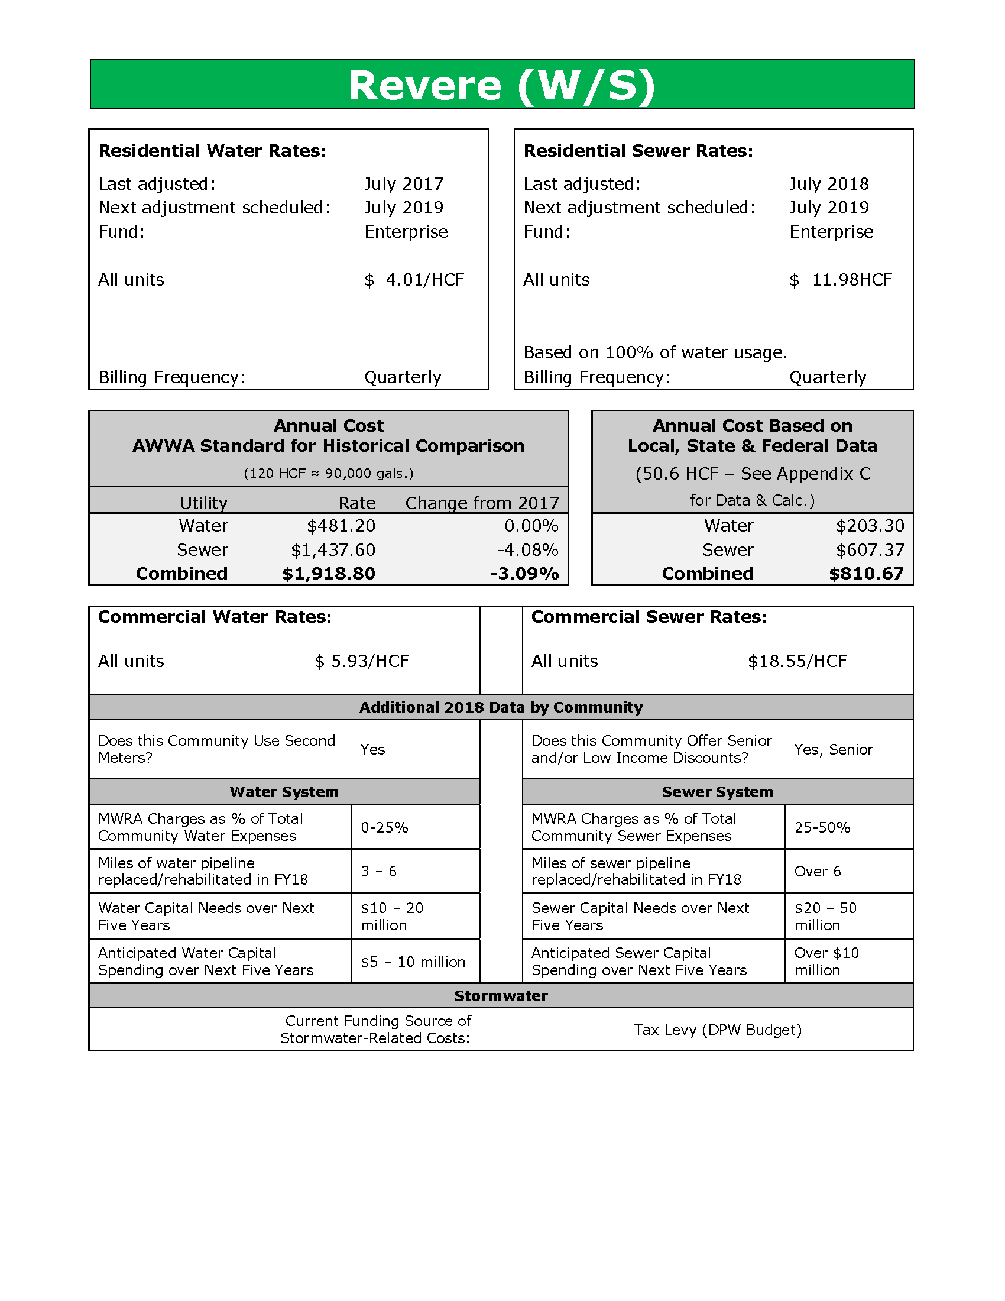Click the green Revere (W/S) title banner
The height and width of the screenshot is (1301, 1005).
[502, 85]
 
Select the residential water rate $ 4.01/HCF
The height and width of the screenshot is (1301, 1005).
[414, 280]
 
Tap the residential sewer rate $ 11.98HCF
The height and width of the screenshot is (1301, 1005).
[840, 280]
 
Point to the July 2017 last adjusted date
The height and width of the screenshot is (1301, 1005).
[404, 184]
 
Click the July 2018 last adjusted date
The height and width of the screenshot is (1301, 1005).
[829, 184]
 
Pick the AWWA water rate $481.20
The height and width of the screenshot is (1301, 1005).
[341, 526]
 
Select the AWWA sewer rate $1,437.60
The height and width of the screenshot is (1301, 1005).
[333, 550]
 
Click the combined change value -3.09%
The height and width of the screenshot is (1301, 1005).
[524, 574]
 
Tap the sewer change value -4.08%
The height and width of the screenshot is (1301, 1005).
[528, 550]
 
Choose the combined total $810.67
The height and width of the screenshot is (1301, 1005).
[866, 574]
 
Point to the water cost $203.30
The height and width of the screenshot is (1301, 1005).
[870, 526]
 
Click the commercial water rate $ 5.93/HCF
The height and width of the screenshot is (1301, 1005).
[361, 661]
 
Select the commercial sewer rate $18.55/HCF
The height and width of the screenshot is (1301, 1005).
[797, 661]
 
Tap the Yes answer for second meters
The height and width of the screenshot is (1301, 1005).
[372, 749]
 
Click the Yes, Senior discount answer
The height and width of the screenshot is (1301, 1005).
[834, 749]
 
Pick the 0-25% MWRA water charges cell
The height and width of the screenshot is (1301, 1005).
[385, 827]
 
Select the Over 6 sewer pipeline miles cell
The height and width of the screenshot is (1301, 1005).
[818, 872]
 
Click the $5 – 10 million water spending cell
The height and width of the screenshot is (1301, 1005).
[413, 962]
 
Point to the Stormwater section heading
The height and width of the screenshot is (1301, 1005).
[501, 996]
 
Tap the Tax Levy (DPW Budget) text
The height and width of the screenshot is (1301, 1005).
[718, 1030]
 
